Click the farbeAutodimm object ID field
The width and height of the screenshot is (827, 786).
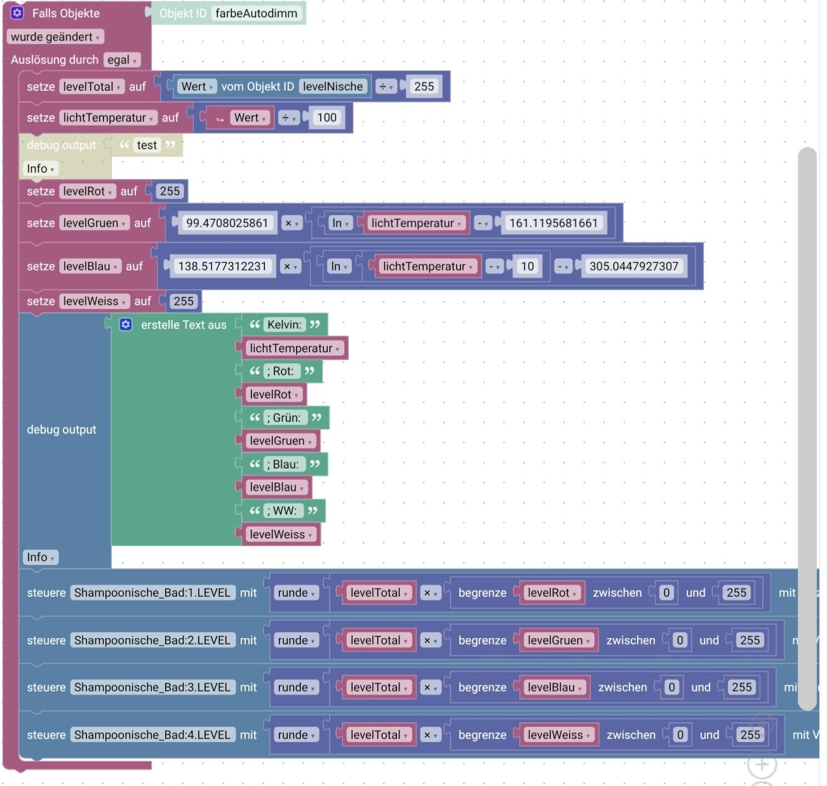click(256, 13)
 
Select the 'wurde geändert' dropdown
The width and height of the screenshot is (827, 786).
click(55, 37)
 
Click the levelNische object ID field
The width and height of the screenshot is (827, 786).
click(333, 86)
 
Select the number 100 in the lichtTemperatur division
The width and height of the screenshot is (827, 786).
click(326, 117)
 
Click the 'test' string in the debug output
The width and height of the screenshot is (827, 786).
click(147, 145)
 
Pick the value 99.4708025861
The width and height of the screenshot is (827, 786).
click(227, 223)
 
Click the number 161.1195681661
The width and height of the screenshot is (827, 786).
click(553, 223)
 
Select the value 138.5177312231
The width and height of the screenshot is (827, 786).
click(222, 266)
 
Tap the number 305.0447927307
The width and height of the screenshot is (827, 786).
click(634, 266)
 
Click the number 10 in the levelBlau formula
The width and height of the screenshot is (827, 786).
click(527, 266)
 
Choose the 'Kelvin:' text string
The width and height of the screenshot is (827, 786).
click(284, 324)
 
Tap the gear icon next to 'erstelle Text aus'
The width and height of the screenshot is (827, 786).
click(126, 324)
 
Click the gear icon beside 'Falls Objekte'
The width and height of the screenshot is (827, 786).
click(17, 13)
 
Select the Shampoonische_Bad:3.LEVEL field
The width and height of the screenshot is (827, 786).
click(152, 687)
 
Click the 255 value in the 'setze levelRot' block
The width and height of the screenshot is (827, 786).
click(170, 191)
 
